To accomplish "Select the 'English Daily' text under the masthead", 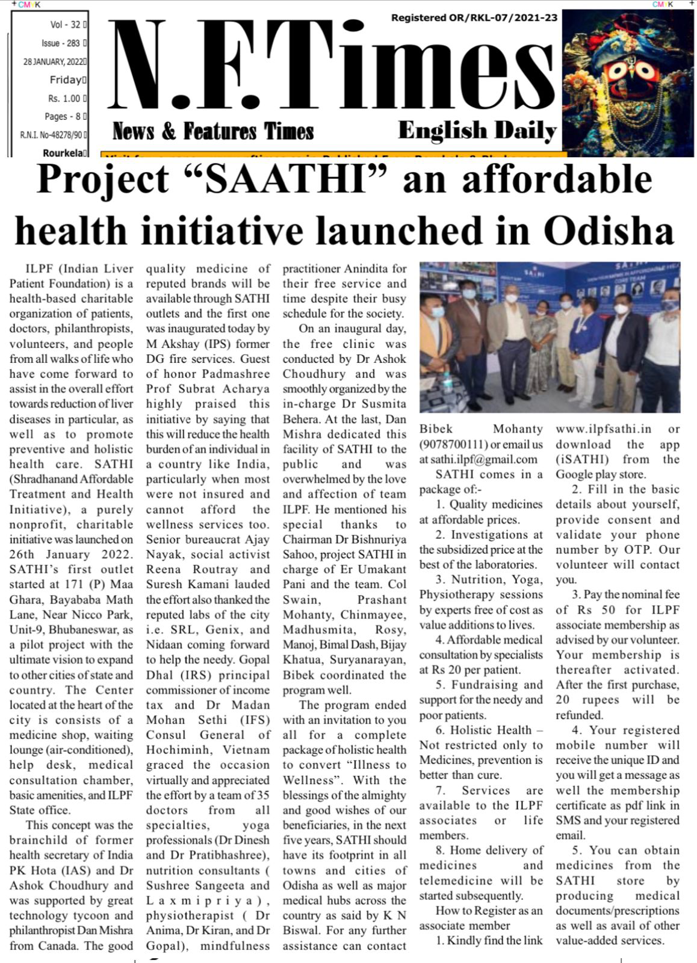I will pyautogui.click(x=477, y=131).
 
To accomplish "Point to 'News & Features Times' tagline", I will pyautogui.click(x=213, y=131).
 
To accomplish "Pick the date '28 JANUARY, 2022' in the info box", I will pyautogui.click(x=54, y=61).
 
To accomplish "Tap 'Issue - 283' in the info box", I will pyautogui.click(x=61, y=43).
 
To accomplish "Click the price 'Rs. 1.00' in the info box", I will pyautogui.click(x=64, y=98).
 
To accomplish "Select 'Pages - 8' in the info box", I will pyautogui.click(x=64, y=116).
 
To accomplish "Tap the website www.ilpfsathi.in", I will pyautogui.click(x=603, y=429).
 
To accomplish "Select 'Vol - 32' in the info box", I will pyautogui.click(x=66, y=25).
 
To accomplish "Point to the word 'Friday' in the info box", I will pyautogui.click(x=66, y=79).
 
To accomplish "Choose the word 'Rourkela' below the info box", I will pyautogui.click(x=63, y=153).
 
